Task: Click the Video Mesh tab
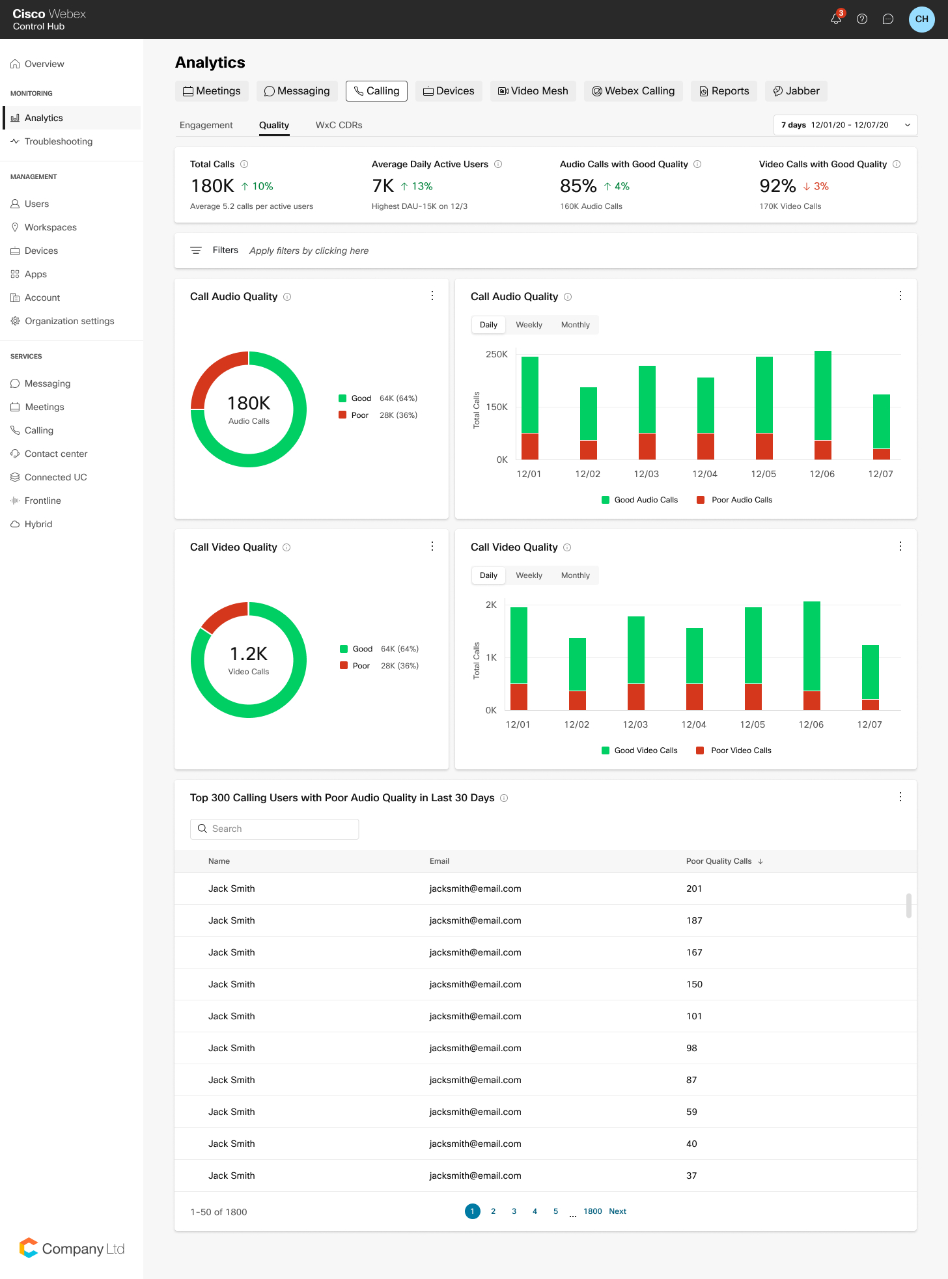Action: coord(533,91)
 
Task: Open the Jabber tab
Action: coord(796,91)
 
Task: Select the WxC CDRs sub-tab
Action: coord(339,125)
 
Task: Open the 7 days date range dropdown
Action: coord(845,125)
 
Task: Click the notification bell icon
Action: coord(836,20)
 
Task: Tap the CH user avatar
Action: coord(921,20)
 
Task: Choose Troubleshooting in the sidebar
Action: coord(58,141)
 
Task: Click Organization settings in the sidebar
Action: coord(69,321)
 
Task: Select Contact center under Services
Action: coord(56,454)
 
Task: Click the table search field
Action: coord(274,829)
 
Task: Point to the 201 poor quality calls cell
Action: coord(694,888)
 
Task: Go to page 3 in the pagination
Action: coord(514,1211)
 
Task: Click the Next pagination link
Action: coord(617,1211)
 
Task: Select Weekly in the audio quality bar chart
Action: coord(529,325)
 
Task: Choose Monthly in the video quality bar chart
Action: coord(575,575)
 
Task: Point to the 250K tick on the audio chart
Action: coord(496,354)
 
